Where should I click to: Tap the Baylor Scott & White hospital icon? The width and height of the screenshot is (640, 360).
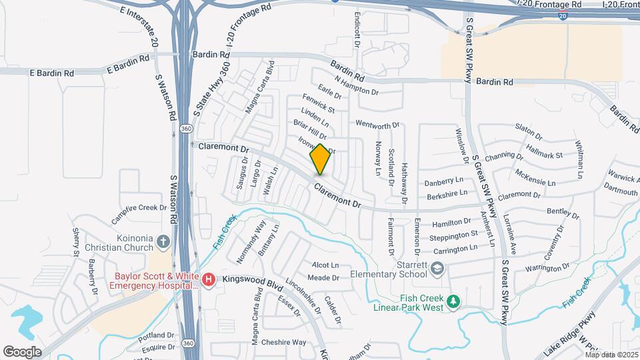pos(209,279)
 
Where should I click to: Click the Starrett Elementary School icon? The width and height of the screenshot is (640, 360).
pos(437,269)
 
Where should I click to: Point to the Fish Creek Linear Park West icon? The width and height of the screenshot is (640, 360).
pos(454,302)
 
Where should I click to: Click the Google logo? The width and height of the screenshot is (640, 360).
pos(23,351)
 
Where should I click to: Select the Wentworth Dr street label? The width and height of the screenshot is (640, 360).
pos(377,124)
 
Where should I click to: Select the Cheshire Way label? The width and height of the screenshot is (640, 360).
pos(283,342)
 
